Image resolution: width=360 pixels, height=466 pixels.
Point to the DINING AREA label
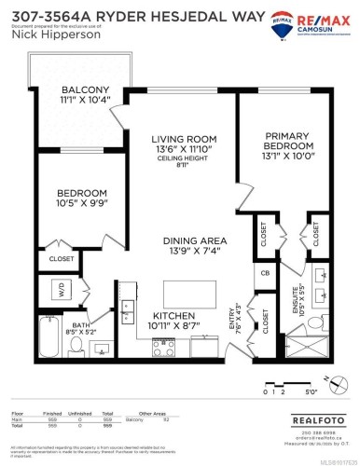coord(183,239)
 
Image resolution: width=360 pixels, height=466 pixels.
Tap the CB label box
coord(265,274)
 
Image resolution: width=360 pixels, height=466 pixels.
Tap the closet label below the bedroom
coord(62,258)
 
